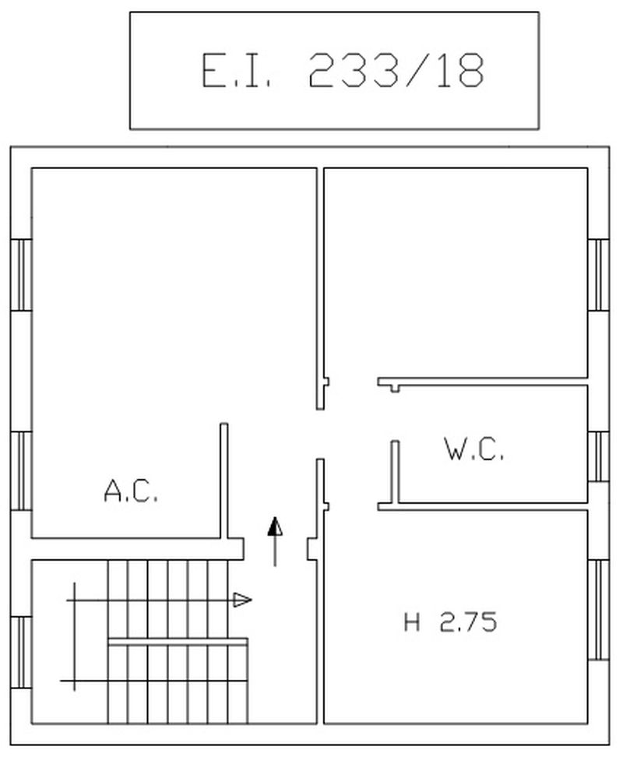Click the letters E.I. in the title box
point(235,71)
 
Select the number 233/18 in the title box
point(396,71)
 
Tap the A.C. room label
point(131,491)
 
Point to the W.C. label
point(473,449)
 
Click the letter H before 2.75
point(412,621)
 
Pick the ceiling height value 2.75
point(468,621)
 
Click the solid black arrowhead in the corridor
point(275,526)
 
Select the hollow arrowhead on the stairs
point(242,600)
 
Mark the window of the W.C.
point(598,456)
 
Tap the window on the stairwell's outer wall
point(21,653)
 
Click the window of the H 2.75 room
point(598,610)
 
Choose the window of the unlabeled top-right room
point(598,275)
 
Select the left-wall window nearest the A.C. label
point(21,470)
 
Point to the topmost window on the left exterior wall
point(21,275)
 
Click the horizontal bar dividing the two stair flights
point(178,642)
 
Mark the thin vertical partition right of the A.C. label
point(224,481)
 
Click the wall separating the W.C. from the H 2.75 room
point(483,506)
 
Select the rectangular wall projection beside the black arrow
point(312,549)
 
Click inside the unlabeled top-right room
point(456,273)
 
